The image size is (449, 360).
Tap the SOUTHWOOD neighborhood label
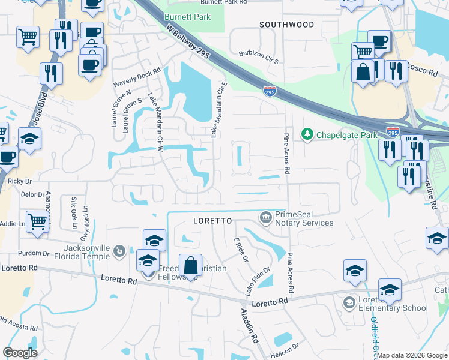286,25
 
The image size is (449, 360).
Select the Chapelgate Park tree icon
307,133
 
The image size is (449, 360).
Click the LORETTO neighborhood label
212,221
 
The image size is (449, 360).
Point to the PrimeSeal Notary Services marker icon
265,216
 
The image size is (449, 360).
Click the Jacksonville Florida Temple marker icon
120,250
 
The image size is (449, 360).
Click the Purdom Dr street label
33,253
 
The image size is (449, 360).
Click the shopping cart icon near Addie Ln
37,221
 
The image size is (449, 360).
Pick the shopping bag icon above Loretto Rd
190,265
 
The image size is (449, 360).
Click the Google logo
20,353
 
